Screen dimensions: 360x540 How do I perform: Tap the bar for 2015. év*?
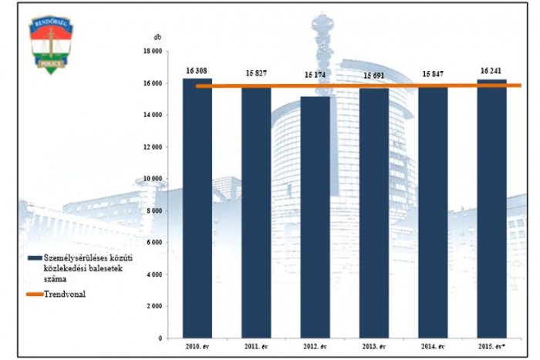click(491, 208)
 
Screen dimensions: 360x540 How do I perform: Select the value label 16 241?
click(491, 71)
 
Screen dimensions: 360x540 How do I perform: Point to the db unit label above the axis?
click(157, 37)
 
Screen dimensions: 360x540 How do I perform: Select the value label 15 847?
click(433, 74)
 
